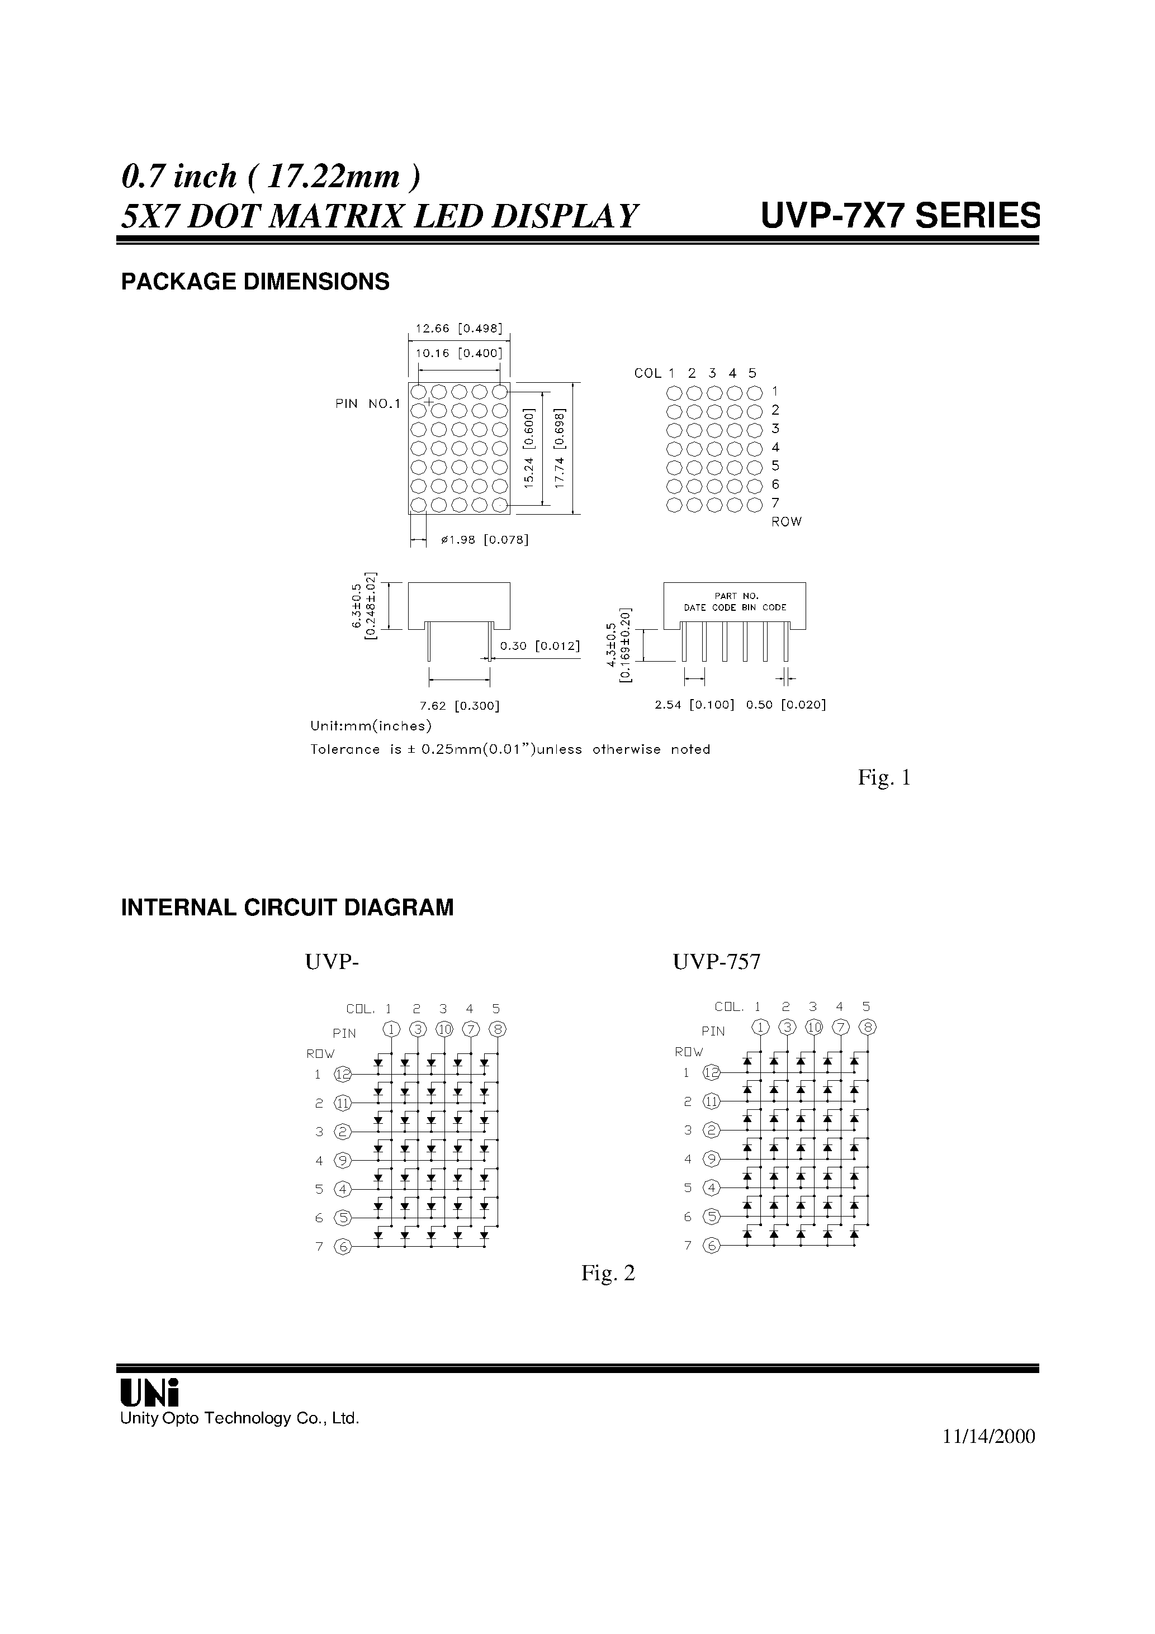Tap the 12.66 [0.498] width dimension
click(458, 329)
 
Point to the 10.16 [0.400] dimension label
click(458, 353)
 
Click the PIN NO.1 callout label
click(367, 404)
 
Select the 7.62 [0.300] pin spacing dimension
click(460, 706)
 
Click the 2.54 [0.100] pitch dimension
click(694, 705)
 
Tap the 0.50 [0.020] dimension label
click(785, 705)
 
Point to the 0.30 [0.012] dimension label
click(539, 646)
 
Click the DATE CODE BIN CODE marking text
click(735, 608)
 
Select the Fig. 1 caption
click(884, 778)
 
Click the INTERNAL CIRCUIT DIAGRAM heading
click(287, 908)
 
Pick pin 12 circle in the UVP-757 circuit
click(711, 1072)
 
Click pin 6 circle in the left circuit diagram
click(343, 1247)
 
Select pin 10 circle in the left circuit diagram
click(444, 1029)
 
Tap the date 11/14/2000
click(988, 1437)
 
